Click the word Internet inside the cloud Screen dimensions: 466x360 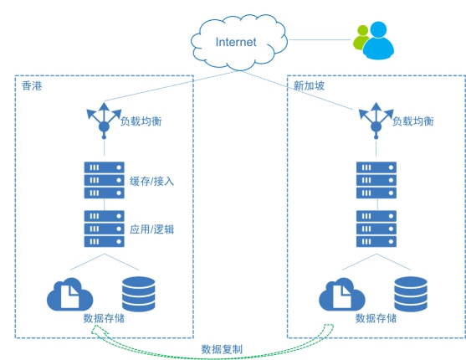pos(236,42)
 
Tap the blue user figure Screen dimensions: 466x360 pos(378,40)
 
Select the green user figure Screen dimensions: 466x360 pos(361,37)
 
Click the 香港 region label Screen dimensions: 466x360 pos(32,85)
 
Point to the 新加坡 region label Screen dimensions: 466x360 pos(309,85)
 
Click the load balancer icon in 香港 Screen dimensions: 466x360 pos(104,121)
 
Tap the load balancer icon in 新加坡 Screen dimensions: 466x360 pos(376,121)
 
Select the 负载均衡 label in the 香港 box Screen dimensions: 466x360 pos(141,121)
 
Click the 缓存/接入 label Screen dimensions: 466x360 pos(152,181)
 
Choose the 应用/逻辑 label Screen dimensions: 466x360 pos(152,229)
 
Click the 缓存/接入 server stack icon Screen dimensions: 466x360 pos(104,180)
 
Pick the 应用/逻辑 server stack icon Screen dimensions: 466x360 pos(104,229)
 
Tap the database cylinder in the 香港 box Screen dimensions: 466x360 pos(139,294)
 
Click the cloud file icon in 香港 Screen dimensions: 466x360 pos(69,294)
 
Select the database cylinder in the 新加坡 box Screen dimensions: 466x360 pos(411,294)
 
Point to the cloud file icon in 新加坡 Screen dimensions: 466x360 pos(342,294)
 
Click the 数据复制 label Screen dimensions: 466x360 pos(222,349)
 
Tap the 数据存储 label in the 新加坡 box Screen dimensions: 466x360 pos(376,318)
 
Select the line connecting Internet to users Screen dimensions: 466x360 pos(320,39)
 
